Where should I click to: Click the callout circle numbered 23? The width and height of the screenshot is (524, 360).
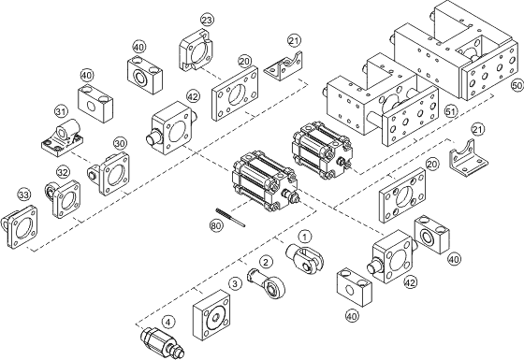pyautogui.click(x=207, y=20)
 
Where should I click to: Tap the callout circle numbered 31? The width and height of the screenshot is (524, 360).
pyautogui.click(x=61, y=112)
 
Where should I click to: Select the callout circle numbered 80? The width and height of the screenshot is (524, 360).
pyautogui.click(x=216, y=225)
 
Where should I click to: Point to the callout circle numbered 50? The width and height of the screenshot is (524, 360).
pyautogui.click(x=517, y=85)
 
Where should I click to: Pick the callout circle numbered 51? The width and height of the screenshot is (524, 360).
pyautogui.click(x=451, y=112)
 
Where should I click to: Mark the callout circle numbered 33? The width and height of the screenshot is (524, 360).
pyautogui.click(x=23, y=194)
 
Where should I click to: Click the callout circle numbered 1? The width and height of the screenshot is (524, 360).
pyautogui.click(x=304, y=237)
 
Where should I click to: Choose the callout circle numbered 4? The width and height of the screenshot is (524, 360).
pyautogui.click(x=168, y=323)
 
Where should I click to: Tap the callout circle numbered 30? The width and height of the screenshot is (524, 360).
pyautogui.click(x=120, y=144)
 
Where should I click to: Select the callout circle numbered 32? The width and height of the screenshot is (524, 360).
pyautogui.click(x=63, y=173)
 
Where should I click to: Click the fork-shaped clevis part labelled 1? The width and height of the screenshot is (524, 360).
pyautogui.click(x=304, y=258)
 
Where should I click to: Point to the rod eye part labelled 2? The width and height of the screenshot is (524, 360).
pyautogui.click(x=267, y=283)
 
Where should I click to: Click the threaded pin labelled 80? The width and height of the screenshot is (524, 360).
pyautogui.click(x=230, y=217)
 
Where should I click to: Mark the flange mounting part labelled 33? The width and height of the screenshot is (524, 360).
pyautogui.click(x=19, y=227)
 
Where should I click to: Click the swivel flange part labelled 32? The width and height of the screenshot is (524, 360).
pyautogui.click(x=63, y=199)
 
